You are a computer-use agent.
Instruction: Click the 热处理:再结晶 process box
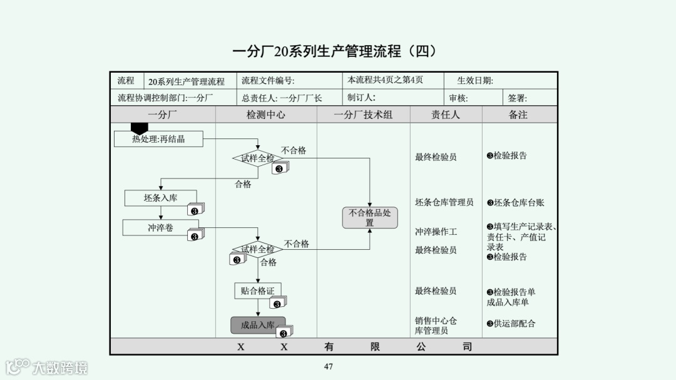[x=158, y=138]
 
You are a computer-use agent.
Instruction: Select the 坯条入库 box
[x=160, y=198]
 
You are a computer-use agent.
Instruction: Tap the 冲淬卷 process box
[x=160, y=228]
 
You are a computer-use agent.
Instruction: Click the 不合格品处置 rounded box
[x=369, y=217]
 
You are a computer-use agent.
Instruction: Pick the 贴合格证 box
[x=258, y=290]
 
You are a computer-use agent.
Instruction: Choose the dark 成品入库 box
[x=258, y=325]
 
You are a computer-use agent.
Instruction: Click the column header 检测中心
[x=266, y=115]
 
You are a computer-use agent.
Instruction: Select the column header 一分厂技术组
[x=363, y=115]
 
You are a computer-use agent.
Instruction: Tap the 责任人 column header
[x=446, y=115]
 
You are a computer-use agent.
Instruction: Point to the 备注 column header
[x=518, y=115]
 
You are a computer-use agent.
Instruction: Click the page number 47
[x=329, y=367]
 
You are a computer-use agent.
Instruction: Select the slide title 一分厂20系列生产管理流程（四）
[x=334, y=51]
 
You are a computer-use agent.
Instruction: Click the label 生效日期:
[x=475, y=81]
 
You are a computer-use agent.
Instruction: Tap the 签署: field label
[x=517, y=98]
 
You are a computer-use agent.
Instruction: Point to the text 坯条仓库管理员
[x=444, y=202]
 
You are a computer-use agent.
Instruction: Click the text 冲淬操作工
[x=436, y=232]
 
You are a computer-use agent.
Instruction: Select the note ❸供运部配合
[x=511, y=324]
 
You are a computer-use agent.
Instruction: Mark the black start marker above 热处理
[x=139, y=128]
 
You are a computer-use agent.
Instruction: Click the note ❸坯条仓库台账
[x=515, y=202]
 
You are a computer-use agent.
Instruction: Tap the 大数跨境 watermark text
[x=61, y=367]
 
